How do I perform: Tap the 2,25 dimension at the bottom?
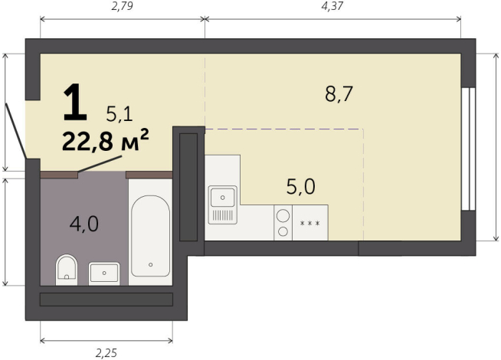point(106,352)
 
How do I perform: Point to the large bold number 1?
point(74,104)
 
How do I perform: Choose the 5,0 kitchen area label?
point(300,185)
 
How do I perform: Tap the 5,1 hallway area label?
point(120,115)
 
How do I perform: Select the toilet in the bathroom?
point(67,269)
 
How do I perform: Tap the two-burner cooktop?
point(282,223)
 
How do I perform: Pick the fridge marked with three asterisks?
point(309,223)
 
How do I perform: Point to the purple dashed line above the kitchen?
point(283,129)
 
